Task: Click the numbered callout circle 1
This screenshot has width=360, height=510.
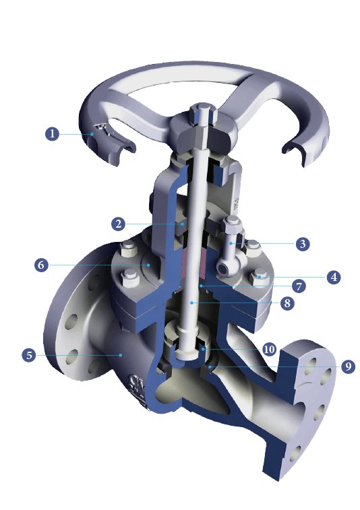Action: pos(53,133)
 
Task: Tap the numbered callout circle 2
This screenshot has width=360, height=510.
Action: pos(119,223)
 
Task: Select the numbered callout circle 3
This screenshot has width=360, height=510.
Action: pos(303,244)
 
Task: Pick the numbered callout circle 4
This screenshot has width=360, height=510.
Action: pos(332,277)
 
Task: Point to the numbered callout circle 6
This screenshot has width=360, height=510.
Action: pos(42,265)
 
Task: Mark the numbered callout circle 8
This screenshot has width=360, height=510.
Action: pos(287,304)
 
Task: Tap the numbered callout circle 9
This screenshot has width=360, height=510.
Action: pos(347,366)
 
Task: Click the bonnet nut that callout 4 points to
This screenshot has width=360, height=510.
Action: pos(260,276)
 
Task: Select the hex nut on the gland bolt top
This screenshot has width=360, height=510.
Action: pos(231,227)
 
